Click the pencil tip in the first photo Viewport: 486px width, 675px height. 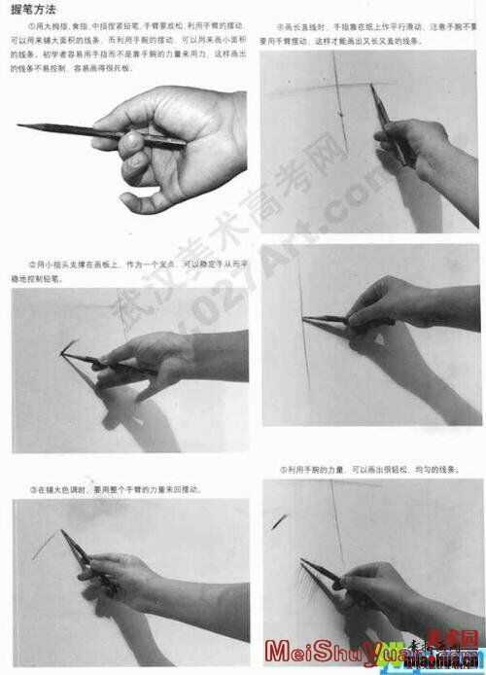19,125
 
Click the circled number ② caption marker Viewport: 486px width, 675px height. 32,264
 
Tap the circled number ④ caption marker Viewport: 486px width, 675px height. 282,28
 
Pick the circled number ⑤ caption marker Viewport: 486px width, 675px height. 283,469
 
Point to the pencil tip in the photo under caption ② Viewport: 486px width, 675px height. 63,352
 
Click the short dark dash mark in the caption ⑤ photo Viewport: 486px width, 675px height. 280,521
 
